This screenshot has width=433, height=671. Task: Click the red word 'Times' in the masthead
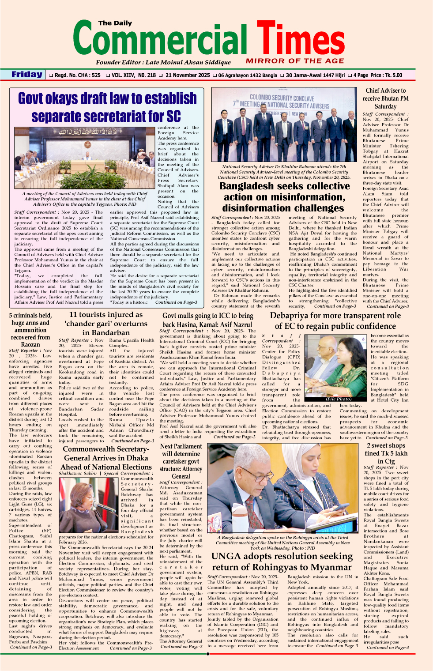pos(300,40)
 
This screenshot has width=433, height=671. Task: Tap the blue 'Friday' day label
pos(27,75)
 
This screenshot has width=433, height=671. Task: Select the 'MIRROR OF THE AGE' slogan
pos(295,61)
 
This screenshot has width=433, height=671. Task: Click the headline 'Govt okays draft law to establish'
pos(107,98)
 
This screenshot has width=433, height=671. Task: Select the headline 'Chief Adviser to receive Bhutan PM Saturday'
pos(385,98)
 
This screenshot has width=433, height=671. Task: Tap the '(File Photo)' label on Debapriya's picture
pos(339,399)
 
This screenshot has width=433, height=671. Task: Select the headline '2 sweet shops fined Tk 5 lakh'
pos(386,453)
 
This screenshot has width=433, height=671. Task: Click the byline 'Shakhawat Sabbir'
pos(78,473)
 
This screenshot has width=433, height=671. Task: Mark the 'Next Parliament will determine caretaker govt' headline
pos(181,461)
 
